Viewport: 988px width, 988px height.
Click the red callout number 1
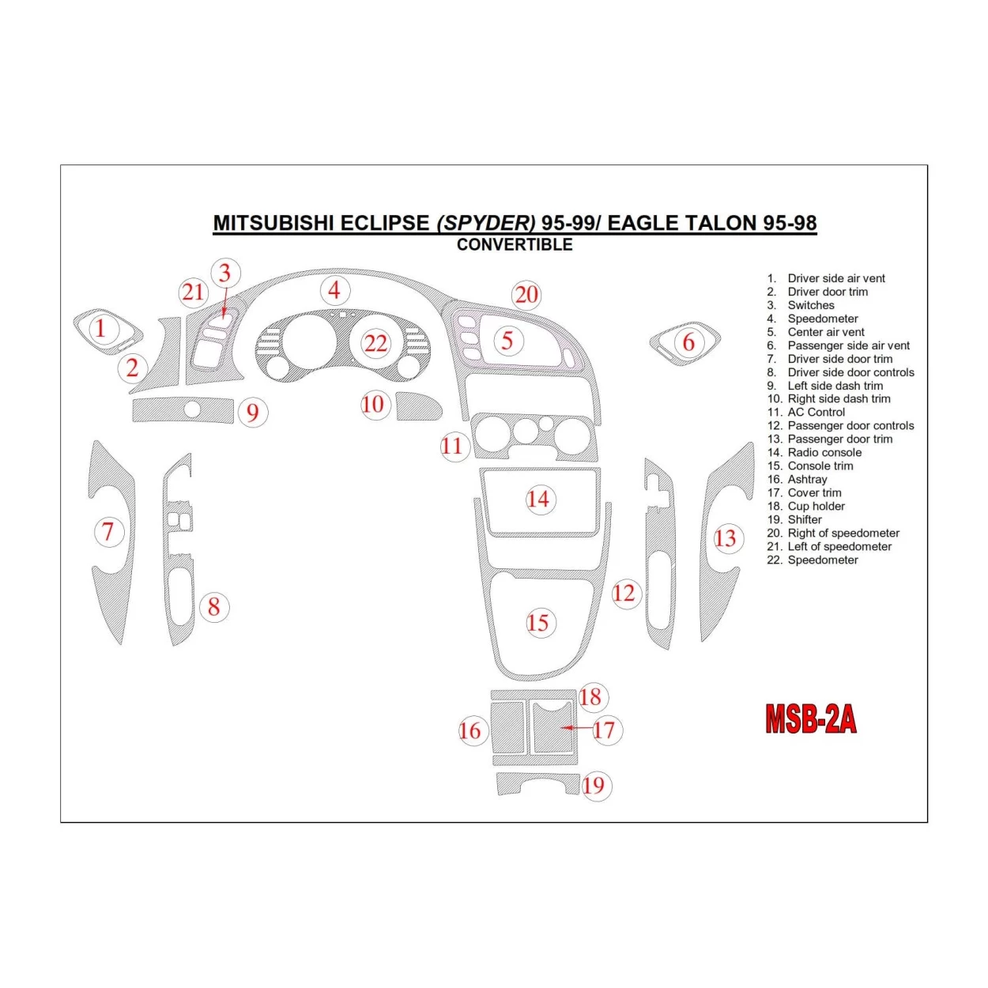pyautogui.click(x=100, y=328)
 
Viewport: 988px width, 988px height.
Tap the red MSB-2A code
pyautogui.click(x=810, y=719)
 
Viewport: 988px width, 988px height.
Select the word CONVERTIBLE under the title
pyautogui.click(x=515, y=245)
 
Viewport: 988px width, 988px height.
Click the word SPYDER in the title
pyautogui.click(x=486, y=223)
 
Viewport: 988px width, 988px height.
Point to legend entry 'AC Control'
pyautogui.click(x=816, y=413)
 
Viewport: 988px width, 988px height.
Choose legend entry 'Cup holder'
pyautogui.click(x=816, y=507)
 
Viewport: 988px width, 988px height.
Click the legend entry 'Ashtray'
pyautogui.click(x=807, y=480)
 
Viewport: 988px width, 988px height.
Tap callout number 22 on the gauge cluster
pyautogui.click(x=375, y=343)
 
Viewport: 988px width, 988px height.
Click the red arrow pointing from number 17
pyautogui.click(x=576, y=727)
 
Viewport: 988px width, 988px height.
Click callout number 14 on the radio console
pyautogui.click(x=538, y=500)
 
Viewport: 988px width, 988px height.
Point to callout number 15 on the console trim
pyautogui.click(x=538, y=623)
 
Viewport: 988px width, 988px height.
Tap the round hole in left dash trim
pyautogui.click(x=191, y=409)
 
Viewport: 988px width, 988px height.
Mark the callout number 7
pyautogui.click(x=108, y=532)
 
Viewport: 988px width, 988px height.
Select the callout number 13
pyautogui.click(x=725, y=539)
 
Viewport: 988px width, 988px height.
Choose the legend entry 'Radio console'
pyautogui.click(x=824, y=453)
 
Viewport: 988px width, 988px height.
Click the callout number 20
pyautogui.click(x=526, y=296)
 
